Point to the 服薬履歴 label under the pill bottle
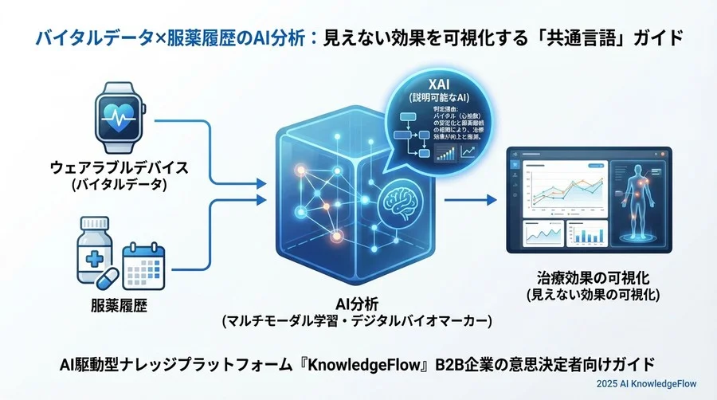click(117, 304)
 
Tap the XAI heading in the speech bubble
click(437, 84)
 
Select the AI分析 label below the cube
click(356, 304)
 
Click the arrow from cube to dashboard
click(466, 200)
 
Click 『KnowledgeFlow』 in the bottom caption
click(367, 363)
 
